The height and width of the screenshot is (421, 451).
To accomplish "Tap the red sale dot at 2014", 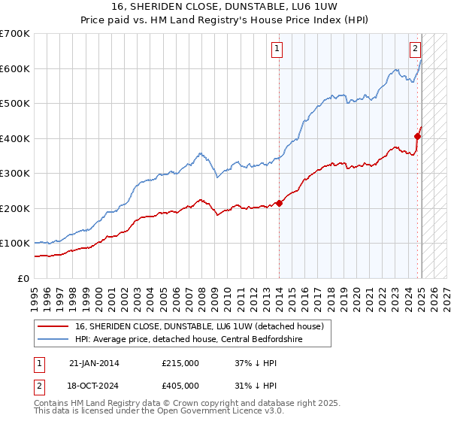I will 279,203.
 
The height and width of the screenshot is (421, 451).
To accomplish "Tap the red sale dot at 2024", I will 417,136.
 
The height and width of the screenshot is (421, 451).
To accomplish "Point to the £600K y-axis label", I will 15,68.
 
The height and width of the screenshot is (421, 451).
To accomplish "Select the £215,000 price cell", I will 180,363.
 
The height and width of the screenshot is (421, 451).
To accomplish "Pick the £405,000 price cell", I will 180,385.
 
